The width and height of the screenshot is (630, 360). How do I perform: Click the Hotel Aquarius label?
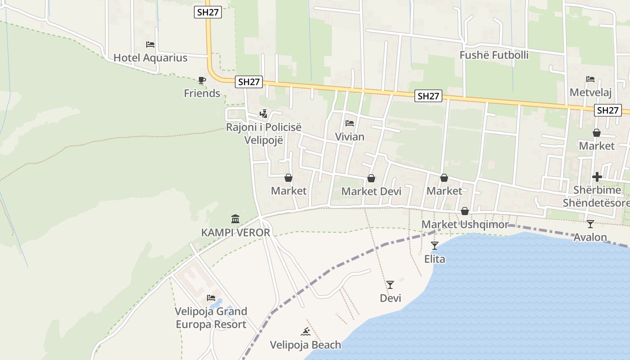coord(150,58)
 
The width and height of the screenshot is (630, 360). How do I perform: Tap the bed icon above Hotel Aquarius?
coord(150,45)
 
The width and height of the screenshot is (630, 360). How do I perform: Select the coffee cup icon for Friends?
coord(202,81)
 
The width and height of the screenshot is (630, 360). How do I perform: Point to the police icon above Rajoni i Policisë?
coord(264,114)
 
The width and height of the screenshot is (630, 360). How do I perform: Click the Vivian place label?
coord(350,136)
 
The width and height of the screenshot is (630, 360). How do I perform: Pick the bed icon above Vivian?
coord(350,123)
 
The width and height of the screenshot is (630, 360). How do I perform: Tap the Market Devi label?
coord(371,191)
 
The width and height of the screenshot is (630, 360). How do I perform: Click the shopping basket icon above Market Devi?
coord(371,179)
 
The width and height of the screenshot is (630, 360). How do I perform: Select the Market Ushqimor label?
coord(465,224)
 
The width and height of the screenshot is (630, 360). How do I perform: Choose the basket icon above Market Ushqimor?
coord(465,211)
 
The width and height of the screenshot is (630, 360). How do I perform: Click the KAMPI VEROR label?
coord(235,233)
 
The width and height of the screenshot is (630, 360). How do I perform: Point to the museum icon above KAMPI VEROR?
coord(235,219)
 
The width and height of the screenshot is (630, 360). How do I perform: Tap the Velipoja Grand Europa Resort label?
coord(211,318)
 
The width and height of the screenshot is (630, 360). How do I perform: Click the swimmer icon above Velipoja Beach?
coord(306,332)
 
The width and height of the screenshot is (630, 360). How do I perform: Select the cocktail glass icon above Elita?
coord(435,246)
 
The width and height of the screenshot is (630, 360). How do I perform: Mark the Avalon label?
coord(590,237)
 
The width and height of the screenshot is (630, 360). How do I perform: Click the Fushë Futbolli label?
coord(494,55)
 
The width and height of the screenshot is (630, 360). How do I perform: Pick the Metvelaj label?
coord(590,92)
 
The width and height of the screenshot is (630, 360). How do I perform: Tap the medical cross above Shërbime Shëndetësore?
coord(597,177)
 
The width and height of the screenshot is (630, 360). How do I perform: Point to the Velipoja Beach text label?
coord(306,345)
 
